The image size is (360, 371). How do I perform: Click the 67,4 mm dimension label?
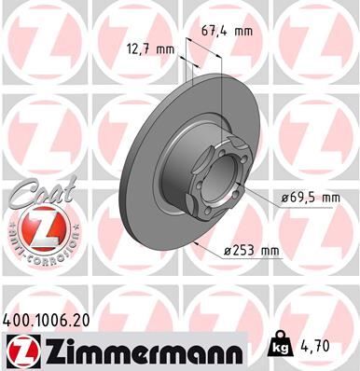click(228, 31)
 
